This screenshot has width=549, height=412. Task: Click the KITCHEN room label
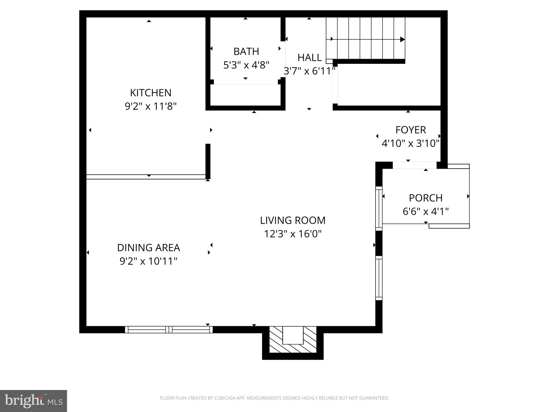pyautogui.click(x=150, y=93)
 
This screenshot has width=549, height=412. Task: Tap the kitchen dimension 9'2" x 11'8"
pyautogui.click(x=151, y=106)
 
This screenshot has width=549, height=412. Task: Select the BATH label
pyautogui.click(x=246, y=51)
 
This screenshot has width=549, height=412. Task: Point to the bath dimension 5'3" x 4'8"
pyautogui.click(x=246, y=65)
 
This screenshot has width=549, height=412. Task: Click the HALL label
pyautogui.click(x=309, y=58)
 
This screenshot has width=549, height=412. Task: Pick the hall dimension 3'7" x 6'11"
pyautogui.click(x=309, y=71)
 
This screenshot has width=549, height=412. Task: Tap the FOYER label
pyautogui.click(x=411, y=130)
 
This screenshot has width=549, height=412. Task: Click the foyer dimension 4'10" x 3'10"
pyautogui.click(x=410, y=144)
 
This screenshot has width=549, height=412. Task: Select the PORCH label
pyautogui.click(x=425, y=198)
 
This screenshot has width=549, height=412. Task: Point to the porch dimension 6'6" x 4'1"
pyautogui.click(x=425, y=212)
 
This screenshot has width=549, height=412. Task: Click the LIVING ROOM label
pyautogui.click(x=293, y=220)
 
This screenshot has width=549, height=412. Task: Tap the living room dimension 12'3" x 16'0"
pyautogui.click(x=293, y=234)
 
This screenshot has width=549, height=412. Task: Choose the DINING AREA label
pyautogui.click(x=149, y=248)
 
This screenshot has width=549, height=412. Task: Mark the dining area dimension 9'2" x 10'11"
pyautogui.click(x=149, y=261)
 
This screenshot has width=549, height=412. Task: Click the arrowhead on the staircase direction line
pyautogui.click(x=402, y=39)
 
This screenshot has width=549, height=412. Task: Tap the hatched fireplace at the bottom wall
pyautogui.click(x=293, y=343)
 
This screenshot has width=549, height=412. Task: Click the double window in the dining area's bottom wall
pyautogui.click(x=169, y=330)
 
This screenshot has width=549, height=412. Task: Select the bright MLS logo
pyautogui.click(x=33, y=401)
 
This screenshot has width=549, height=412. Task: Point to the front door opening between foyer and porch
pyautogui.click(x=414, y=165)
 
